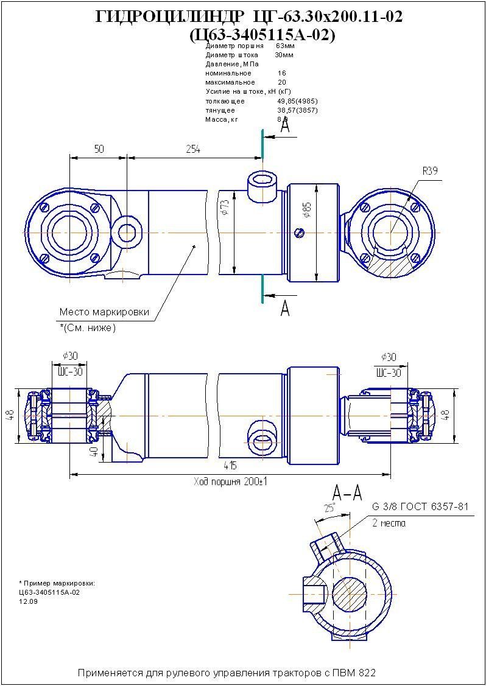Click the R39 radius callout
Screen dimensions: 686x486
[430, 171]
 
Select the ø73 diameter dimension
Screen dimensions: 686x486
[225, 208]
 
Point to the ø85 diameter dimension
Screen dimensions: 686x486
[307, 210]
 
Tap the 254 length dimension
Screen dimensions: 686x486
[192, 149]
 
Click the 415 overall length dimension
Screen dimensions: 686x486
[230, 466]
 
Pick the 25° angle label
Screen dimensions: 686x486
[330, 508]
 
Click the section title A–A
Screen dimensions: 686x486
[347, 492]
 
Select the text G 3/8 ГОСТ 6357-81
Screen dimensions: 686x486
[420, 507]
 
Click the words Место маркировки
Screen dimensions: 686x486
[104, 312]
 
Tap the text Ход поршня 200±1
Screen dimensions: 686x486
[231, 481]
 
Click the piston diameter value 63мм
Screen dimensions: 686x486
[284, 46]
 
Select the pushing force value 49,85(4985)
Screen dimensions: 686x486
[297, 101]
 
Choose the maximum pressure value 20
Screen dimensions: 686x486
[282, 82]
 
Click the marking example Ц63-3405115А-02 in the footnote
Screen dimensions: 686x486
[49, 592]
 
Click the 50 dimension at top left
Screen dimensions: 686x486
[98, 149]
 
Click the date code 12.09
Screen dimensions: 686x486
[28, 601]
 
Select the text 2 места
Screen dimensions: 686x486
[388, 523]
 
